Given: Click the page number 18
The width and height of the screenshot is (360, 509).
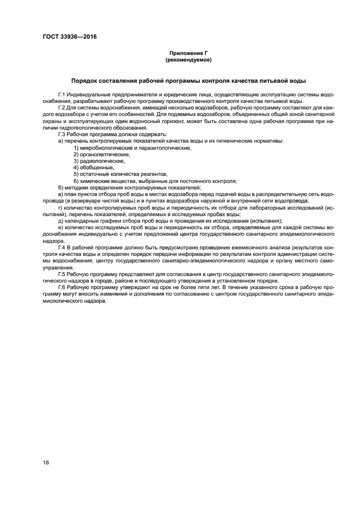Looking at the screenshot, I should click(46, 462).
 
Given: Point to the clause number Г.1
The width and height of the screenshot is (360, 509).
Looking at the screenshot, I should click(62, 95).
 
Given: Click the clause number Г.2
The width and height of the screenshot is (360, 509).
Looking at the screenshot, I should click(62, 108).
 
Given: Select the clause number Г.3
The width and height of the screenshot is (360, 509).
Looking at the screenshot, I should click(62, 134).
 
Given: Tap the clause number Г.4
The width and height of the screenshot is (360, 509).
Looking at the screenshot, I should click(62, 247).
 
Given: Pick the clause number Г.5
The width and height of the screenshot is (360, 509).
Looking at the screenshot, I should click(62, 273).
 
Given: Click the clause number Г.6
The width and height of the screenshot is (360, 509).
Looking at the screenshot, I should click(62, 286).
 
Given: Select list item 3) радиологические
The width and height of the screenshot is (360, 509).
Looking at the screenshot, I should click(95, 161).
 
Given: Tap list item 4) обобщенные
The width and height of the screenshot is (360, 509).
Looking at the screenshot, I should click(90, 167).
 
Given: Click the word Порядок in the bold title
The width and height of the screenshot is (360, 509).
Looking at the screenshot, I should click(84, 79).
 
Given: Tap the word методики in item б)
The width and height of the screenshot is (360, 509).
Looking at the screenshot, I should click(76, 187).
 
